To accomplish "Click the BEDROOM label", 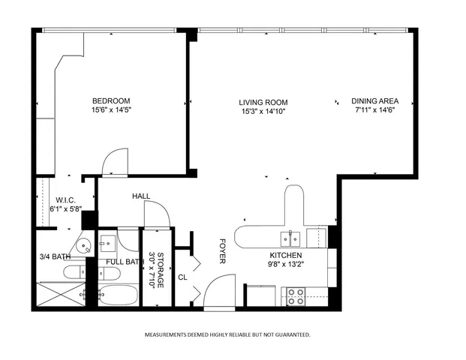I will (x=111, y=101).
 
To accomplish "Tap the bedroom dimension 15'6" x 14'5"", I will (x=111, y=111).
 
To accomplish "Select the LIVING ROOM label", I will (x=263, y=103).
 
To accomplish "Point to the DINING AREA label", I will (x=374, y=101).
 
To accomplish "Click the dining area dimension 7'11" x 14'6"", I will (x=374, y=111).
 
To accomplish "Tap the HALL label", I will (x=141, y=196).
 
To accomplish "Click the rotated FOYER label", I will (x=222, y=252).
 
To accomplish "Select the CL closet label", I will (x=182, y=277).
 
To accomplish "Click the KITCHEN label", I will (x=286, y=255).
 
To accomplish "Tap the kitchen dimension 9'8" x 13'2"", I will (x=286, y=264).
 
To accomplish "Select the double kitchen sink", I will (x=290, y=238).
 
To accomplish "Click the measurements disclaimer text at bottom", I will (x=227, y=334).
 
